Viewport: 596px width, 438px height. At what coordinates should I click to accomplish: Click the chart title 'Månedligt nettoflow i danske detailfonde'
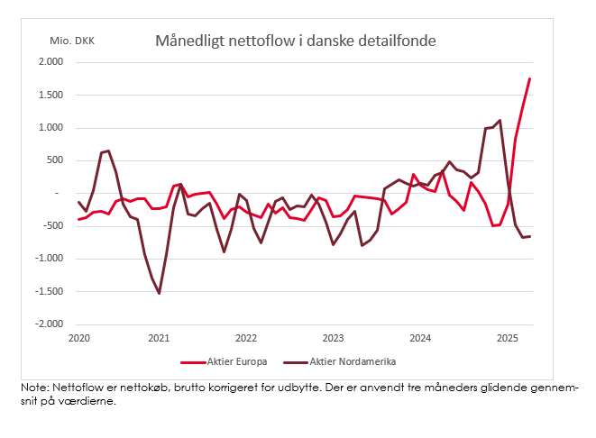tap(295, 41)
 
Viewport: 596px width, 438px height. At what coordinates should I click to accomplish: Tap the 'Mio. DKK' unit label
tap(72, 41)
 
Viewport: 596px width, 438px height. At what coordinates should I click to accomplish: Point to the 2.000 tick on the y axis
tap(50, 62)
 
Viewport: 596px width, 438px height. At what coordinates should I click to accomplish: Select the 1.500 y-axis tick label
tap(50, 95)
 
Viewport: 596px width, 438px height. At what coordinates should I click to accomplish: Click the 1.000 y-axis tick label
tap(50, 128)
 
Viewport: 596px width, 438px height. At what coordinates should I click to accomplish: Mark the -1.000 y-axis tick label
tap(48, 259)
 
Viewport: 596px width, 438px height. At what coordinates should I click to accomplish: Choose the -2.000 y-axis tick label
tap(48, 324)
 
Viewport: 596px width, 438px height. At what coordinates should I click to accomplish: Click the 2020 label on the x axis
tap(79, 338)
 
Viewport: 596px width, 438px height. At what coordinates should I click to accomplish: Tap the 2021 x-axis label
tap(159, 338)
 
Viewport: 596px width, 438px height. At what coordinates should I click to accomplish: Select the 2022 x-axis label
tap(246, 338)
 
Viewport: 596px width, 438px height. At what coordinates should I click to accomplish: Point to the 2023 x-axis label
tap(334, 338)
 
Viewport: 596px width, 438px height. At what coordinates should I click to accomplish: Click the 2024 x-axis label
tap(420, 338)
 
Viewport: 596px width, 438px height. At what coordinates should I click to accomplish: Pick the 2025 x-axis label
tap(507, 338)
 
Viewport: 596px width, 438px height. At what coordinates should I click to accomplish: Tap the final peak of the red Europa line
tap(529, 78)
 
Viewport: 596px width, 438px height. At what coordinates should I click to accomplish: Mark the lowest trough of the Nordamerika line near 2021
tap(159, 293)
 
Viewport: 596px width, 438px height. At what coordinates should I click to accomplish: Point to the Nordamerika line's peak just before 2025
tap(500, 120)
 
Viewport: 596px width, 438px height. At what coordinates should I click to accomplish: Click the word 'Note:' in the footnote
tap(37, 387)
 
